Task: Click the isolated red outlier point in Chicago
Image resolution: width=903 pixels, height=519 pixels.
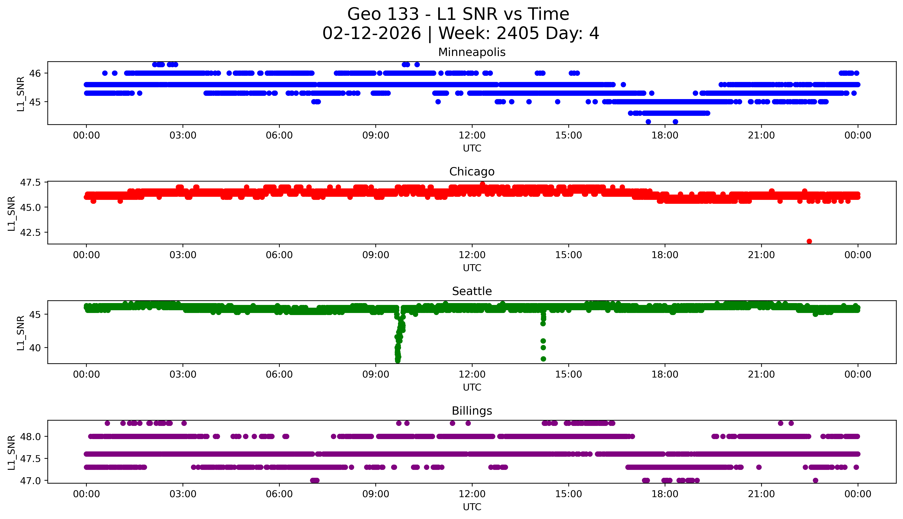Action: (809, 241)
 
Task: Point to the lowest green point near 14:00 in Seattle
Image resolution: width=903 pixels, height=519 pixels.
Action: (543, 359)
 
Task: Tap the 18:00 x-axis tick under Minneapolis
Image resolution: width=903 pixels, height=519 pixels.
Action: (665, 136)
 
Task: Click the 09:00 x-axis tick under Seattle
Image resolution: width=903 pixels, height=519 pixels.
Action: (376, 375)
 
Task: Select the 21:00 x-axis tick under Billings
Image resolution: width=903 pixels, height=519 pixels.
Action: (761, 494)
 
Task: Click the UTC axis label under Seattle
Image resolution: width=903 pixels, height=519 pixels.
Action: (472, 387)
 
